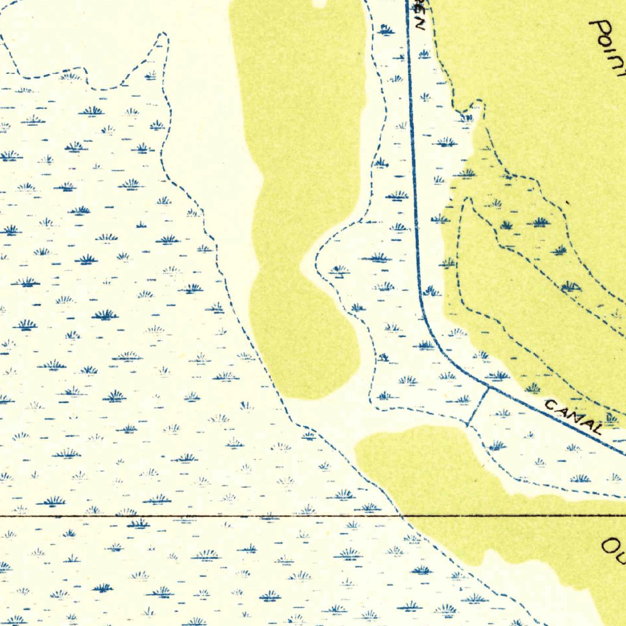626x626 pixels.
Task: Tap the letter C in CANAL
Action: (x=550, y=405)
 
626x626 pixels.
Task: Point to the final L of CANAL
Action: (x=596, y=428)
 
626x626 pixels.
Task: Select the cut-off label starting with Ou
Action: (x=613, y=549)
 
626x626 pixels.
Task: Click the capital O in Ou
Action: (x=609, y=544)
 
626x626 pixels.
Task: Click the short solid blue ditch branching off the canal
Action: (x=478, y=407)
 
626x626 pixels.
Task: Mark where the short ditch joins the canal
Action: (x=488, y=387)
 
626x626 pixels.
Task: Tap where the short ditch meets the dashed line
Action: (x=468, y=425)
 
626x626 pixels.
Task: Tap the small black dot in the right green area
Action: (x=568, y=202)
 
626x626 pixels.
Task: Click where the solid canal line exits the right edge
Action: (x=624, y=454)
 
